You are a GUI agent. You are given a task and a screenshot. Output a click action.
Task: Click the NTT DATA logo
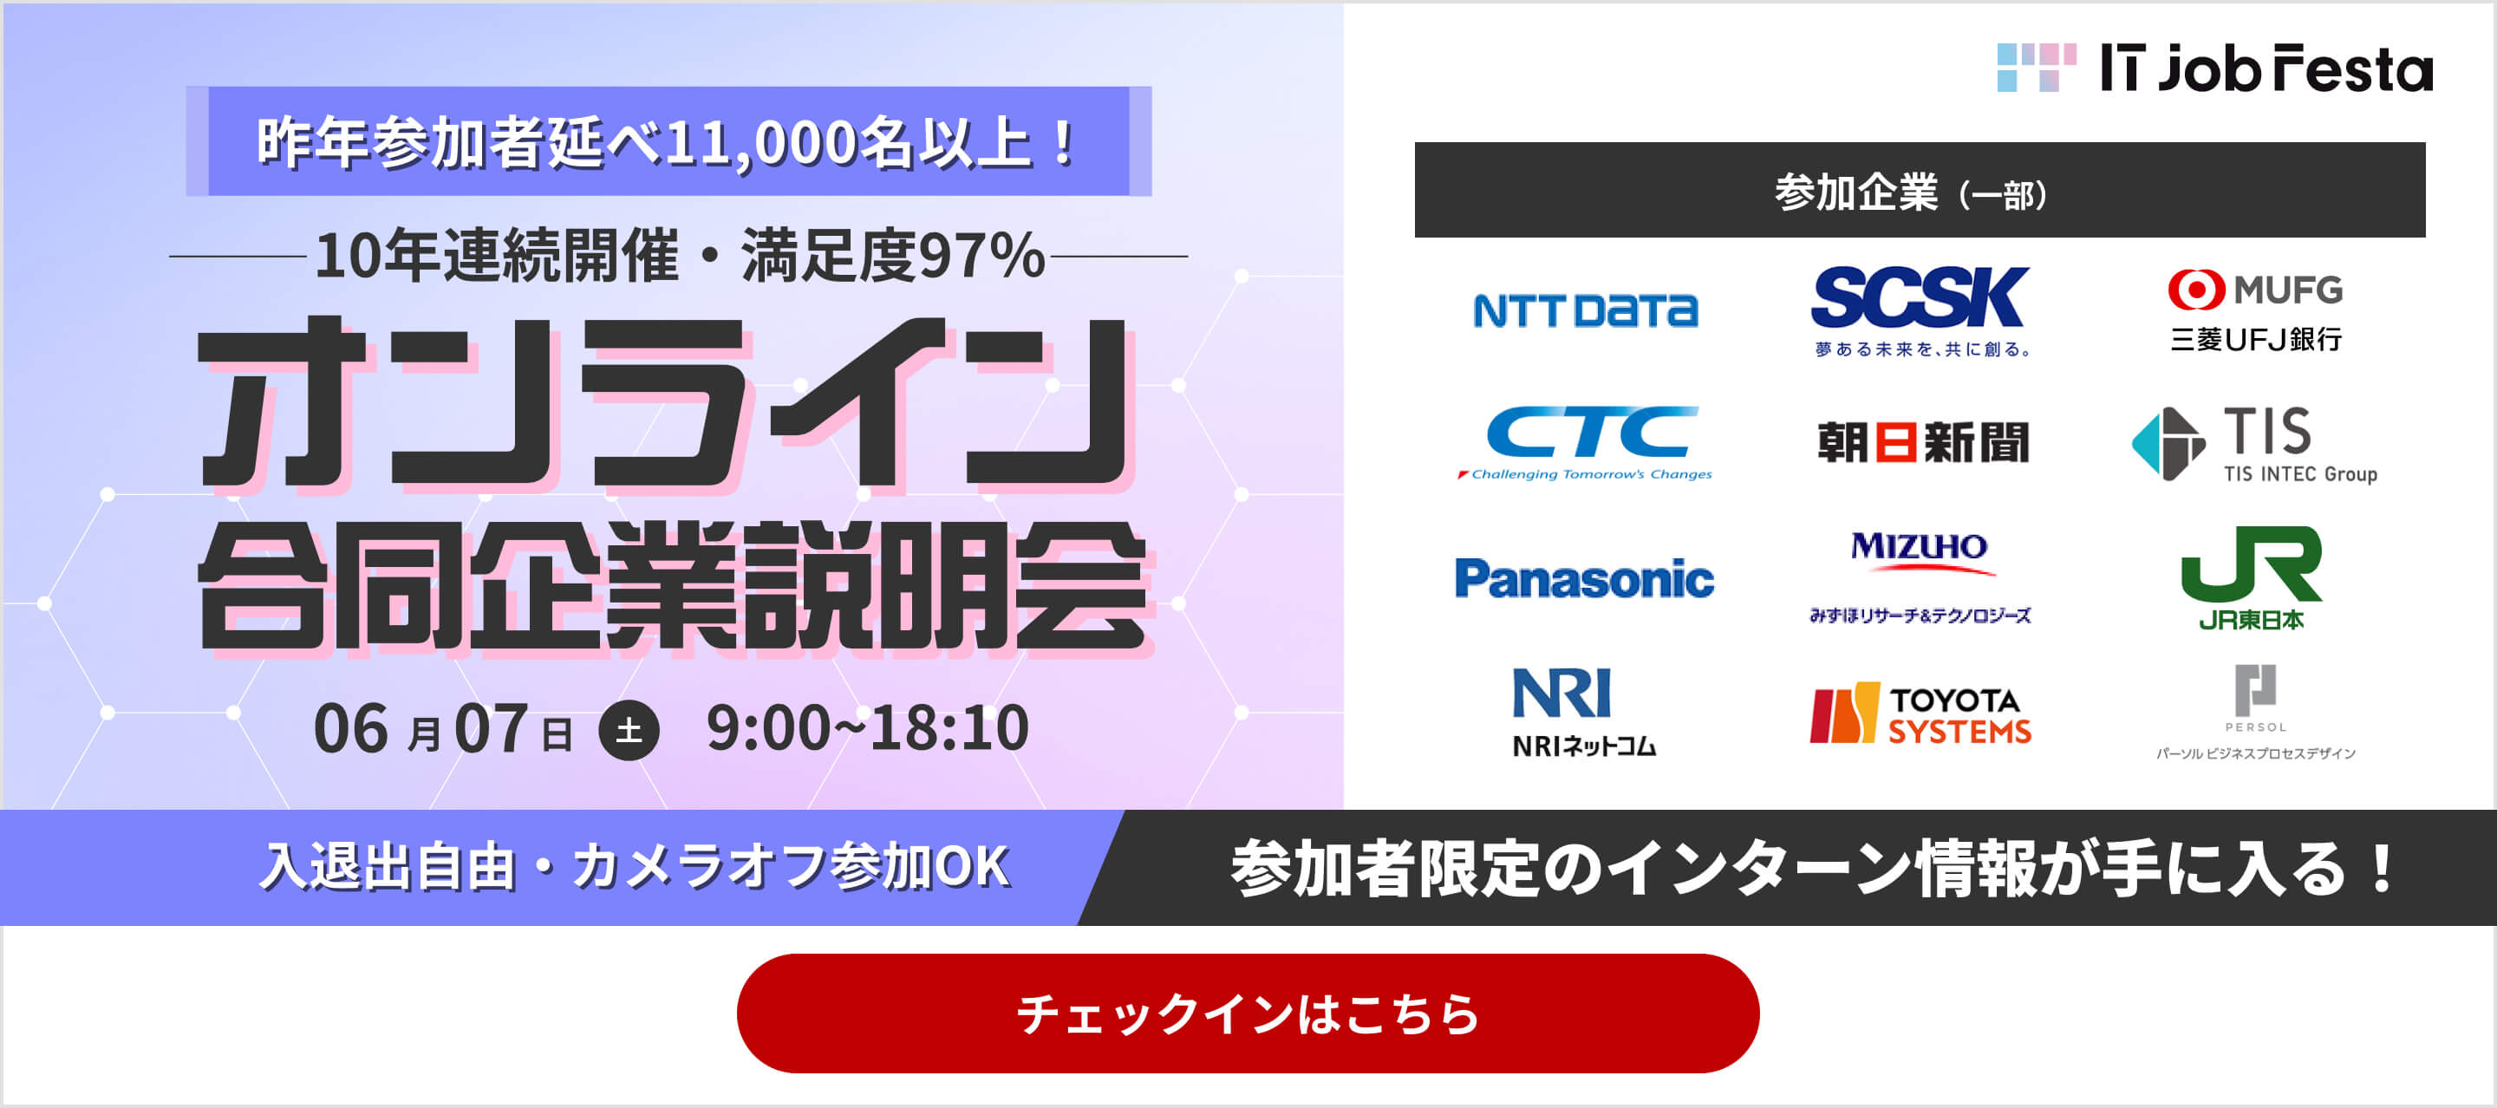coord(1585,310)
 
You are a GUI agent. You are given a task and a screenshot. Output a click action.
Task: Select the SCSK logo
coord(1920,311)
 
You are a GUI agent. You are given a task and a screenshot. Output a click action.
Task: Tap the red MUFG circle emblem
coord(2195,289)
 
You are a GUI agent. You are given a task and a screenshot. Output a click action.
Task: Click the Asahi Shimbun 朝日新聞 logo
coord(1922,442)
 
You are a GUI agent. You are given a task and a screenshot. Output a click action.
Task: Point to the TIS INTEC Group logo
coord(2254,445)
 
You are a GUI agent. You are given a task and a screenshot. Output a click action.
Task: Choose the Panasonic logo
coord(1584,579)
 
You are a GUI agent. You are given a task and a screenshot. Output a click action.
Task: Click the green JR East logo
coord(2251,577)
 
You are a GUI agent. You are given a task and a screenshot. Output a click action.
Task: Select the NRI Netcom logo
coord(1584,712)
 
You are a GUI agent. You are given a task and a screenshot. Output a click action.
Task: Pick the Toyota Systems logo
coord(1920,714)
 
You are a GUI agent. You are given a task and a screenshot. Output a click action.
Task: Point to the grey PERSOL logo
coord(2254,713)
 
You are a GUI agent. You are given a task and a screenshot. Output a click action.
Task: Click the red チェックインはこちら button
coord(1248,1013)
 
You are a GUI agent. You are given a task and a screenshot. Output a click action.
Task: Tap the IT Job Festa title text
coord(2266,68)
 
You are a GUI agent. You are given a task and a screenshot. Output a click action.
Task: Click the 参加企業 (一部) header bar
coord(1920,190)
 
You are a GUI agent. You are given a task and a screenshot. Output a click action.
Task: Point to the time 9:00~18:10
coord(868,728)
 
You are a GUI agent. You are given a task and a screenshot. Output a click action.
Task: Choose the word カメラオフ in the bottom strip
coord(700,865)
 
